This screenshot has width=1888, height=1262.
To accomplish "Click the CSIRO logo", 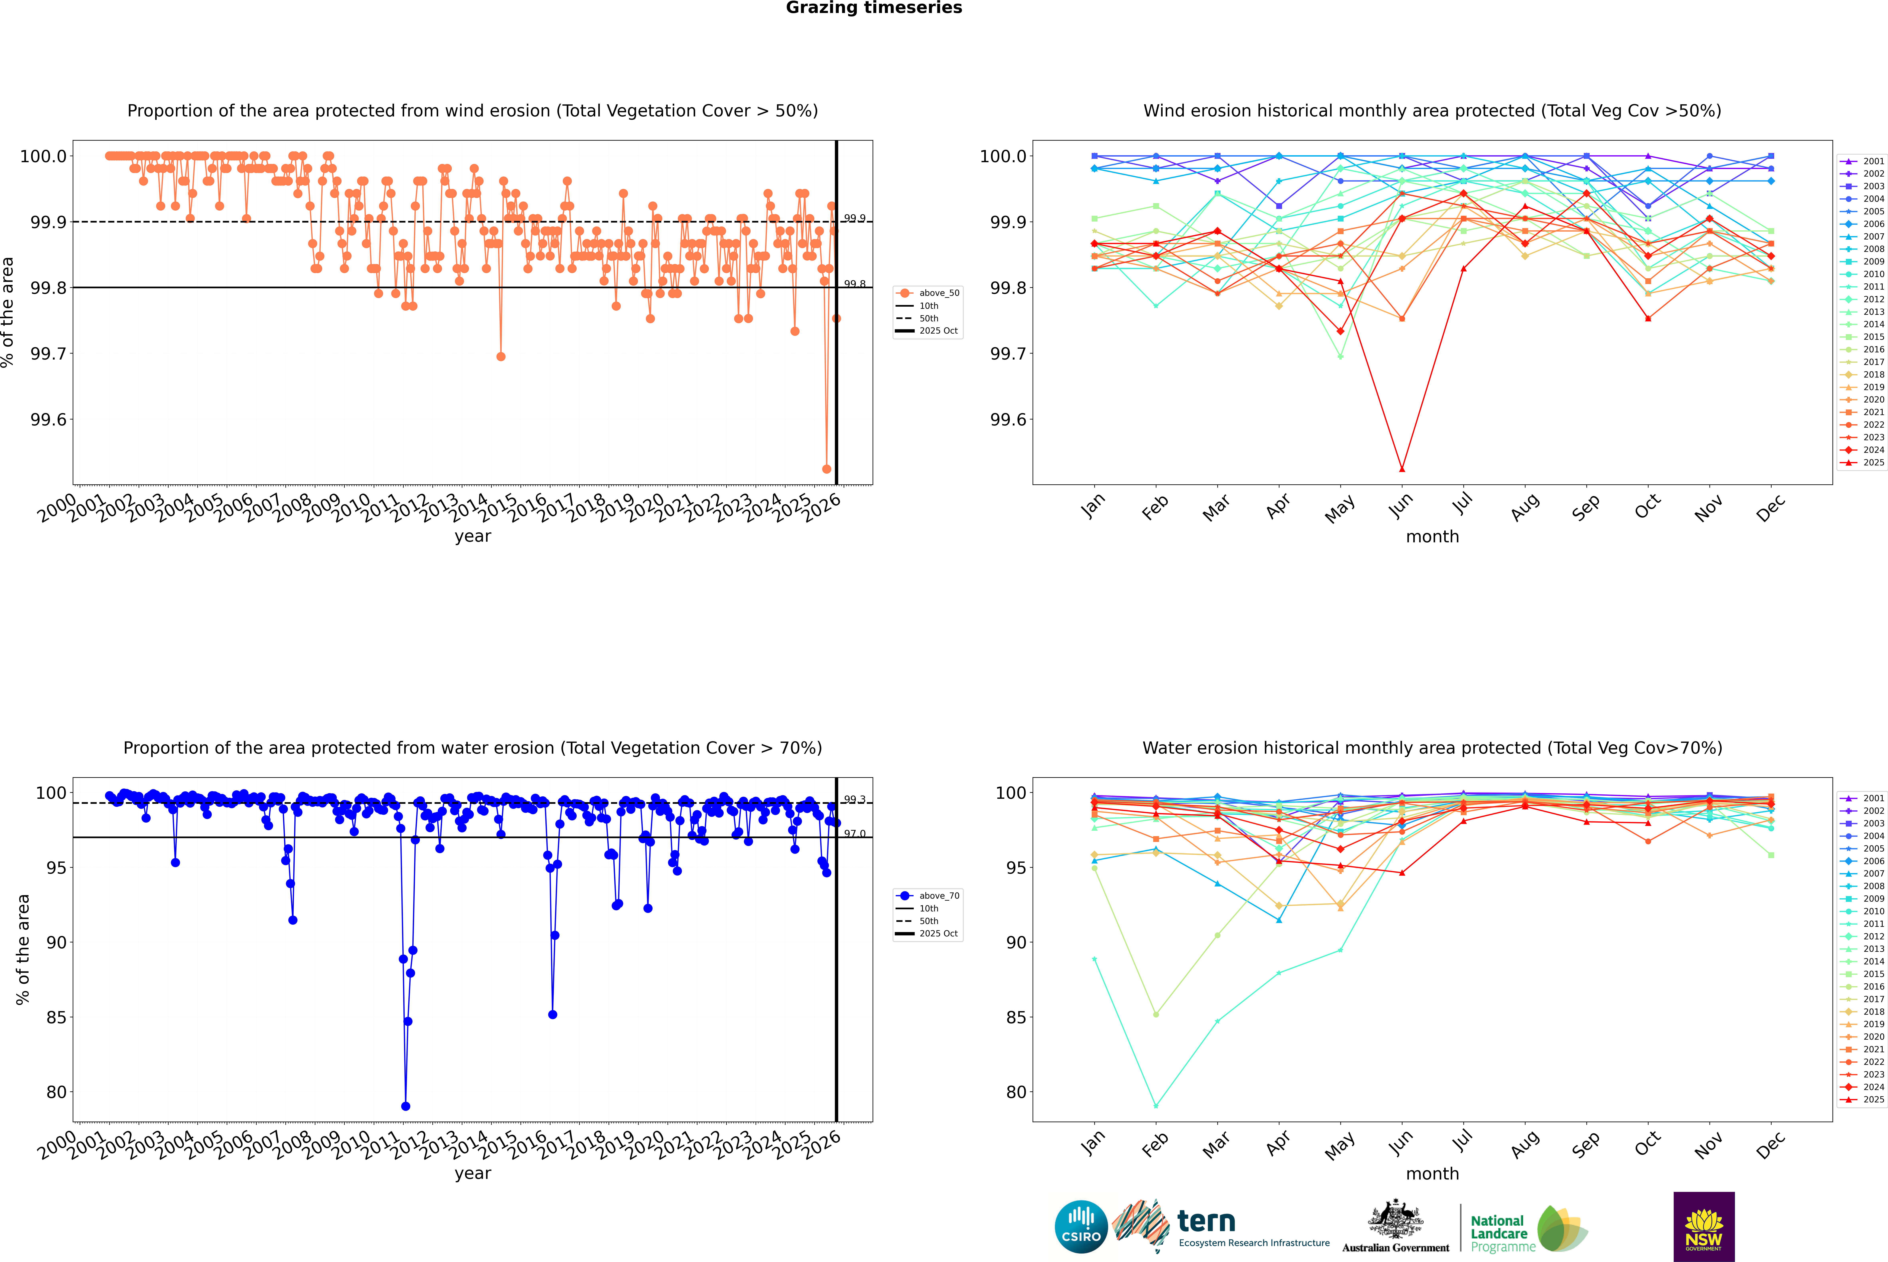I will tap(1081, 1227).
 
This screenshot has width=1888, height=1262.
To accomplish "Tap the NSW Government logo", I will tap(1704, 1227).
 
